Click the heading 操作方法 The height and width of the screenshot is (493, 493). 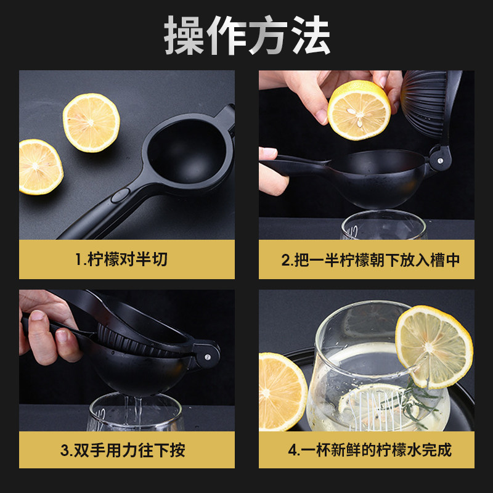247,35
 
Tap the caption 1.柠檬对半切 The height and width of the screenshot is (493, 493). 121,259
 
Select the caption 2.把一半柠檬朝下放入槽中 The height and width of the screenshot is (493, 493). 370,259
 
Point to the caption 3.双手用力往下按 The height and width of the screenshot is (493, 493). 123,450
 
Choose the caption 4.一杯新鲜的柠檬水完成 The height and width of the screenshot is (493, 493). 370,450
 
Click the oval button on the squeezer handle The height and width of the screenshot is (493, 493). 120,195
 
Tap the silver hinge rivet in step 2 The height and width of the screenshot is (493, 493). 440,161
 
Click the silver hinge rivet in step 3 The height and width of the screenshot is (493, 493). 208,357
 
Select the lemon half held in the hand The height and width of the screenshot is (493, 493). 359,110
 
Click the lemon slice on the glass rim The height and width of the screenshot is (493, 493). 434,347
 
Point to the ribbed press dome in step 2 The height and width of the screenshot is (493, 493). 424,104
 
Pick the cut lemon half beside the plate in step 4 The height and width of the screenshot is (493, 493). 282,392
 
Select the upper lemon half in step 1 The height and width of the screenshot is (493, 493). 91,123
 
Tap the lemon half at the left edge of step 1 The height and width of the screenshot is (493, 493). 40,167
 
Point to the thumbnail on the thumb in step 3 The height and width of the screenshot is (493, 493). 38,315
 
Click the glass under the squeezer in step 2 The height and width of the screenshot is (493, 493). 384,225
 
